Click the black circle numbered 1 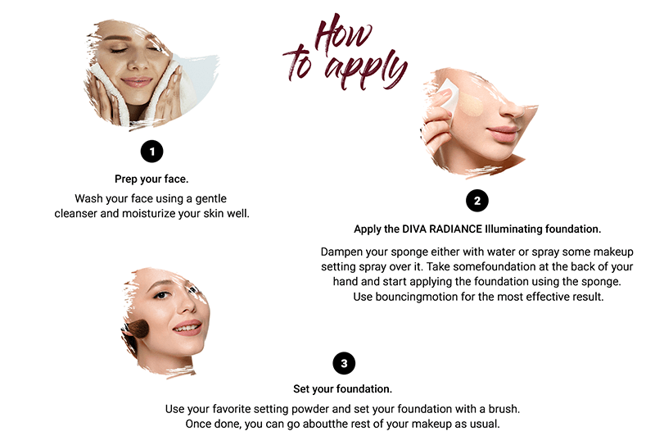tap(151, 151)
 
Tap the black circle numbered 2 tap(477, 201)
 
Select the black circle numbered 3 tap(344, 363)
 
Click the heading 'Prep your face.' tap(151, 179)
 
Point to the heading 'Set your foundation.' tap(342, 389)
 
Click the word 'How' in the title tap(342, 33)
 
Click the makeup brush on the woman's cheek tap(137, 329)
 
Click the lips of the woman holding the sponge tap(503, 134)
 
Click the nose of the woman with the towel tap(138, 63)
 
